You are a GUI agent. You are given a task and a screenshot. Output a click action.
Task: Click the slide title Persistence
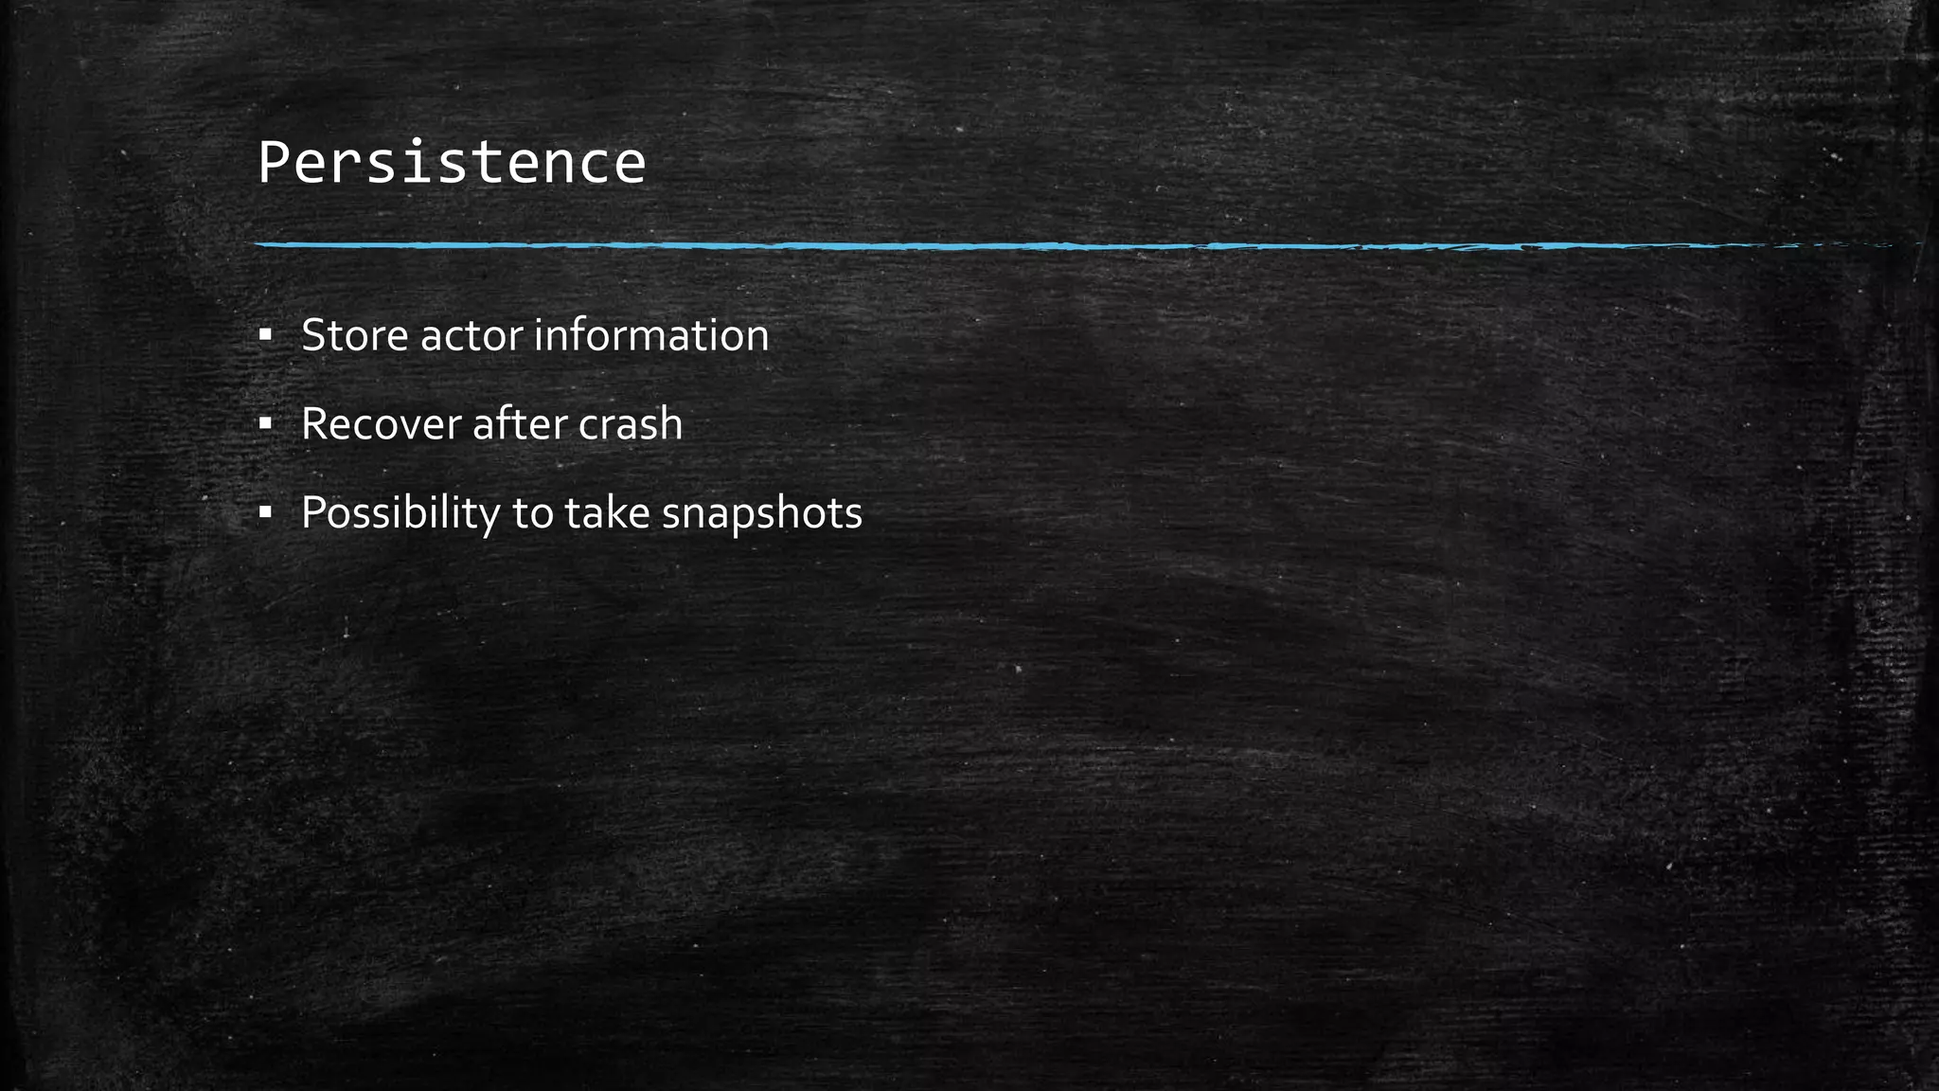[x=452, y=162]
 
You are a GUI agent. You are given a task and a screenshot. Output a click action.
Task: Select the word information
[x=651, y=335]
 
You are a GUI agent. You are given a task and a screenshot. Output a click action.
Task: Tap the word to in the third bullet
[x=532, y=512]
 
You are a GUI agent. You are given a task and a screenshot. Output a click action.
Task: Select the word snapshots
[x=762, y=512]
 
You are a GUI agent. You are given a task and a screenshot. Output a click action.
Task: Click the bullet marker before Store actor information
[x=265, y=335]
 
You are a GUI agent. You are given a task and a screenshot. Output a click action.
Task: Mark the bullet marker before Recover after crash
[x=265, y=423]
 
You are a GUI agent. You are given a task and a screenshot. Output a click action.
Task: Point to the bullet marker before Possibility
[x=265, y=512]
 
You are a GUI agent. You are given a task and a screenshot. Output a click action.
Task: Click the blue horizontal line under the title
[x=947, y=245]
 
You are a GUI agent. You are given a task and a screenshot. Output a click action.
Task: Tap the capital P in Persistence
[x=273, y=162]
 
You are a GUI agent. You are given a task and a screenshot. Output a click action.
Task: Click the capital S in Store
[x=313, y=335]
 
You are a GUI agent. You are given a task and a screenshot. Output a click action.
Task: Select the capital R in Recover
[x=315, y=423]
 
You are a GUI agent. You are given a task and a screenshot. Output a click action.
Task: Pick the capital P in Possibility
[x=314, y=512]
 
